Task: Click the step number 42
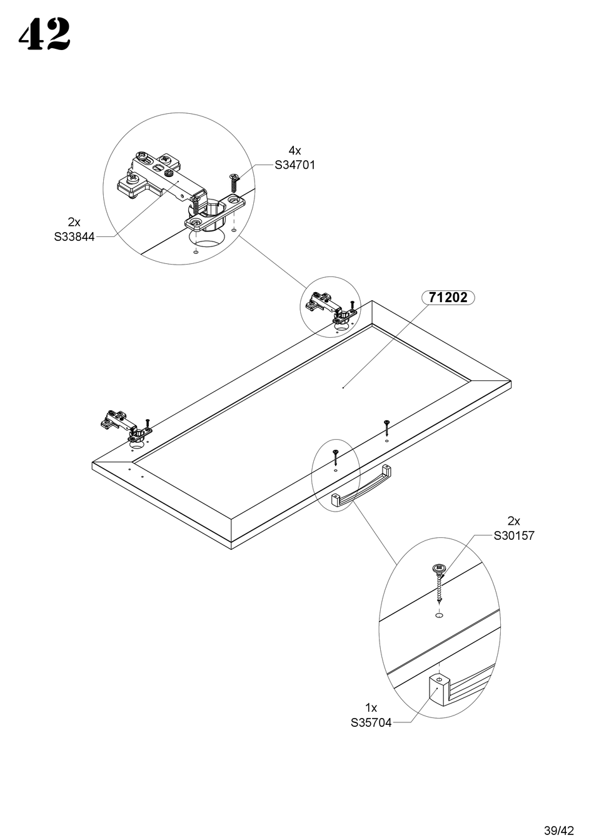tap(44, 35)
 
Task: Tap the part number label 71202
tap(448, 298)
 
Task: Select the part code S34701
tap(295, 165)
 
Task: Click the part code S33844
tap(74, 237)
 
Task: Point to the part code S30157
tap(514, 535)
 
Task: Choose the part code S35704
tap(371, 723)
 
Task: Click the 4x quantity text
tap(294, 151)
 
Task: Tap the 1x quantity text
tap(371, 708)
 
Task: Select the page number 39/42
tap(558, 831)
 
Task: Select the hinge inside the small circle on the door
tap(328, 306)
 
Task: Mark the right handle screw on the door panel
tap(387, 427)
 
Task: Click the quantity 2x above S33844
tap(74, 222)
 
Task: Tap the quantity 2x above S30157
tap(514, 521)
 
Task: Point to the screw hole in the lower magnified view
tap(438, 615)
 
